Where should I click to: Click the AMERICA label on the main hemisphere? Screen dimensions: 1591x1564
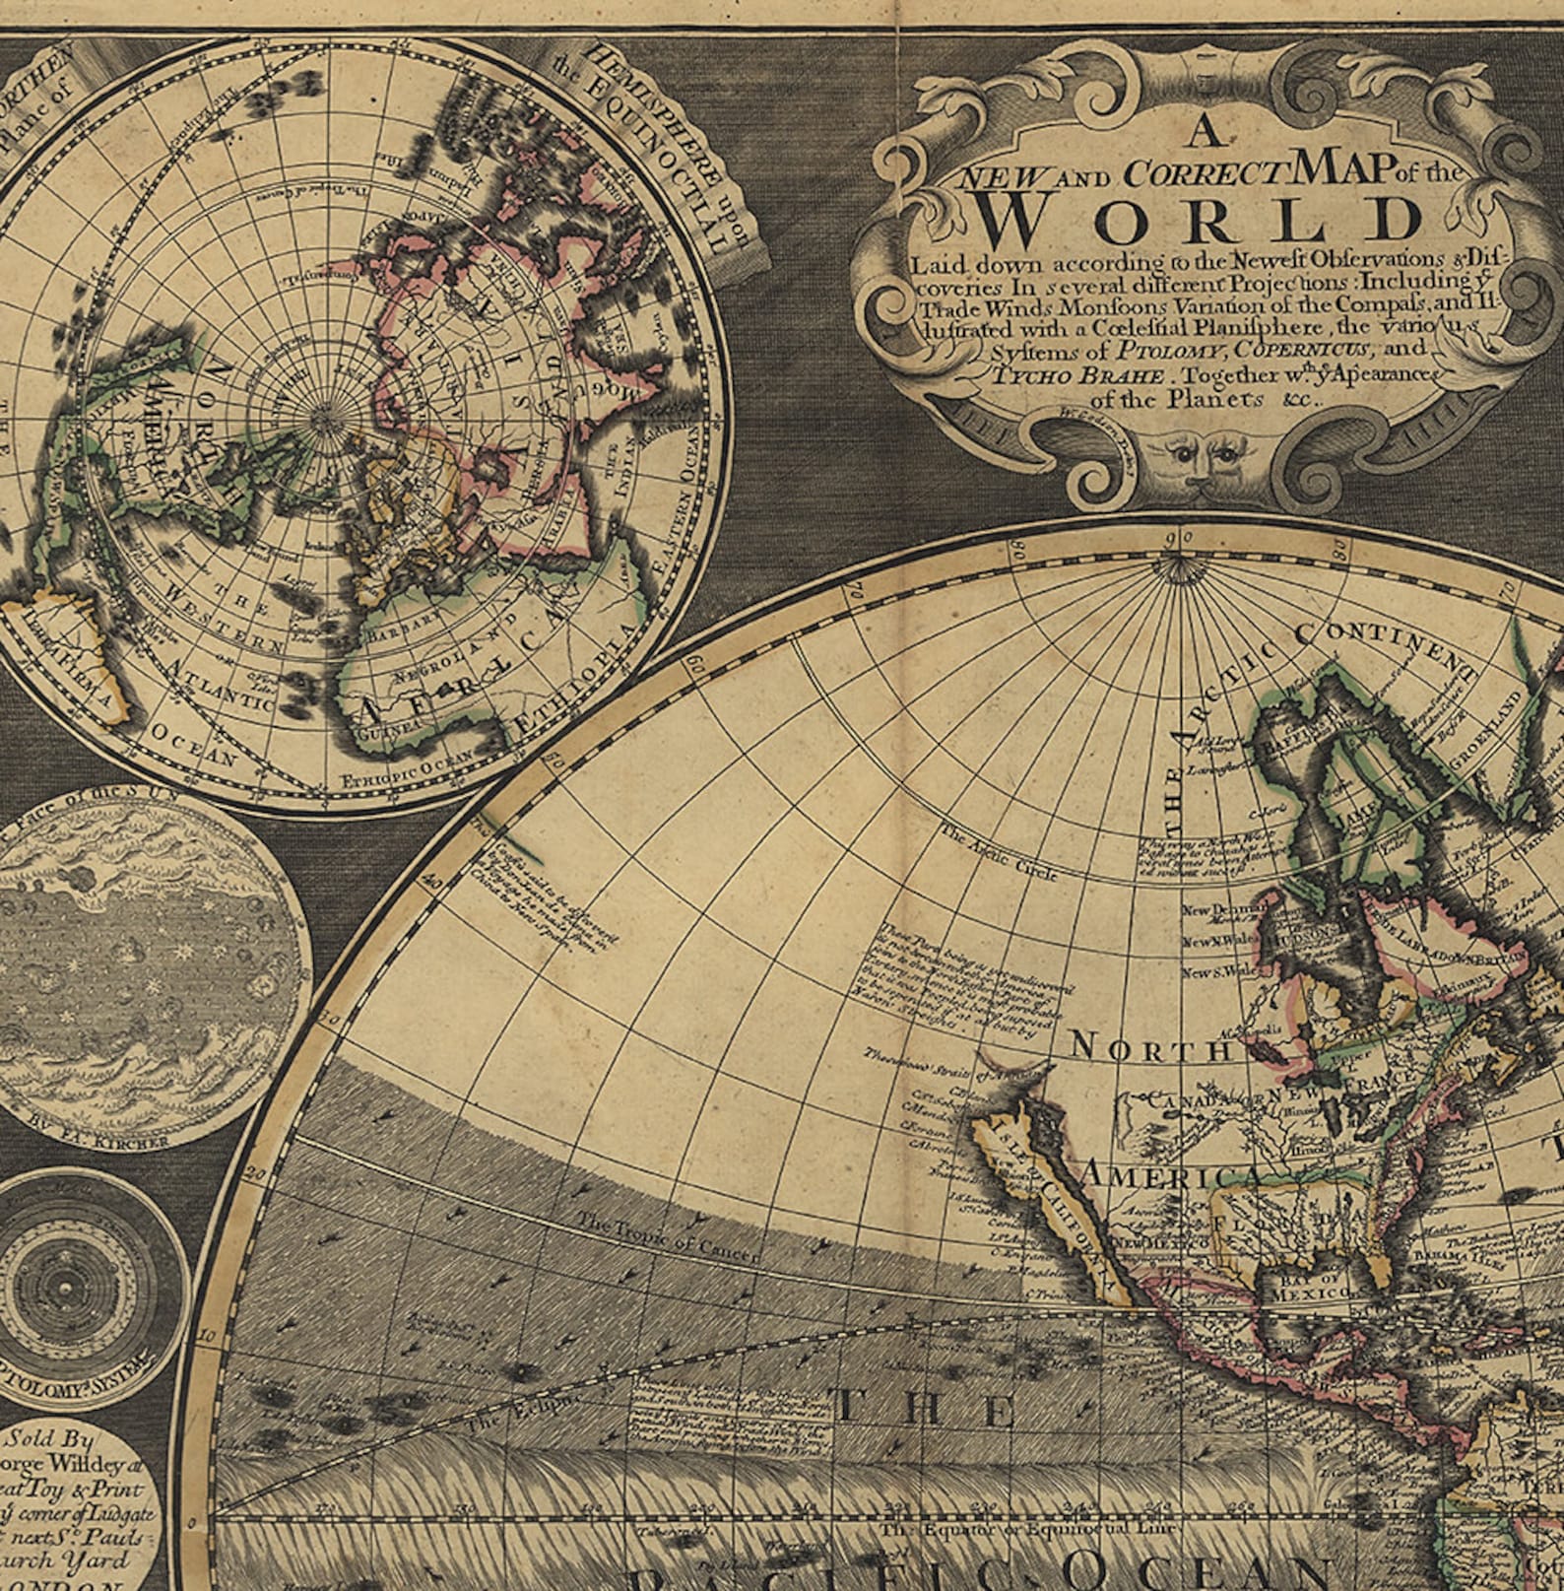(x=1171, y=1173)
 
